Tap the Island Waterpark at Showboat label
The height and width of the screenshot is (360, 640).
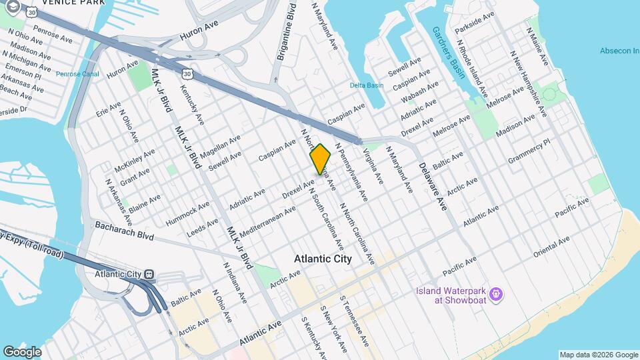pos(448,294)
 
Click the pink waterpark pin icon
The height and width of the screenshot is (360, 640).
pos(495,293)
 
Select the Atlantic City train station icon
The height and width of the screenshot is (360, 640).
pos(150,274)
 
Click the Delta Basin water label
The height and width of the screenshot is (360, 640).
pos(367,85)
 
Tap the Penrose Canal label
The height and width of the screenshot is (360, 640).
pos(77,74)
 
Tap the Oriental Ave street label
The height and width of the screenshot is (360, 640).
pos(558,247)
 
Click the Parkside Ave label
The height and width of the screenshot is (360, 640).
pos(474,22)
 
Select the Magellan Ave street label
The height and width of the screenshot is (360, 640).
pos(220,146)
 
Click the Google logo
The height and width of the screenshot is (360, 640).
pos(22,351)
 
